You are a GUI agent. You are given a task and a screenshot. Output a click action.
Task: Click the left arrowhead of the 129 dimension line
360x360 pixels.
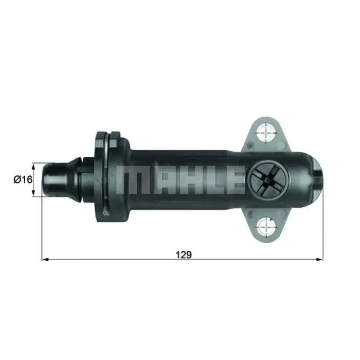pos(44,260)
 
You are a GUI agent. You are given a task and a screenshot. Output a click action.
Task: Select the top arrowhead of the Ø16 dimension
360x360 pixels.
pos(34,166)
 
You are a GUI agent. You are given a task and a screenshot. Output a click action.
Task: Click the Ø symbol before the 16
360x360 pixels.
pos(16,179)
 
